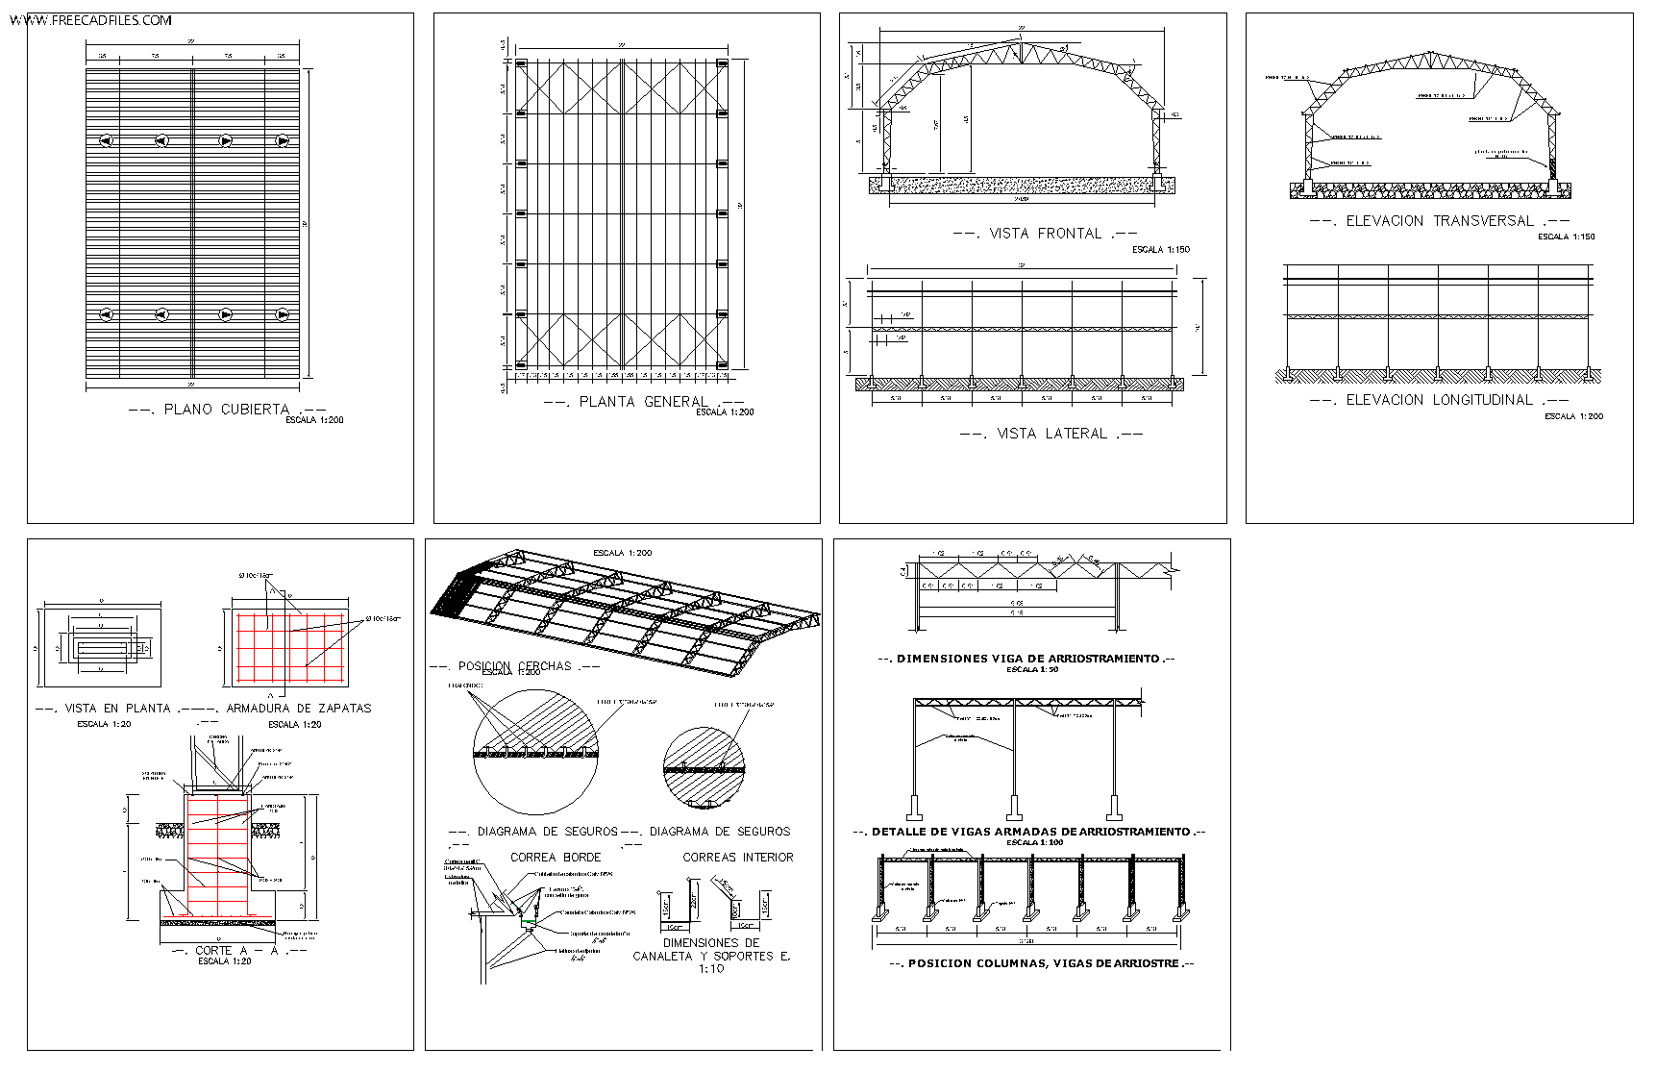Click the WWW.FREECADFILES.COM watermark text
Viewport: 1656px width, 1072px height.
click(91, 20)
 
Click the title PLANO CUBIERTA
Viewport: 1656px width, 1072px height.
click(226, 410)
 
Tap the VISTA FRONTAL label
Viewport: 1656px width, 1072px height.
click(1045, 234)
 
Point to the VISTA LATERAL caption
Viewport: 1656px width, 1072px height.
click(1051, 434)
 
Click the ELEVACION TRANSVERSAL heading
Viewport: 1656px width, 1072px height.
click(1439, 221)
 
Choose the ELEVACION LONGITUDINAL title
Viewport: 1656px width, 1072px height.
click(1439, 400)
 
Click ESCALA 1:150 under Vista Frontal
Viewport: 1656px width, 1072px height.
click(1160, 250)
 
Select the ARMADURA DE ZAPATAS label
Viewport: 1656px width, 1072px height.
click(298, 709)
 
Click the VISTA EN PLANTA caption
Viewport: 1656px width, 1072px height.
click(117, 709)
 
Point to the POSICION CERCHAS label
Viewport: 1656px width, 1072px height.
click(514, 665)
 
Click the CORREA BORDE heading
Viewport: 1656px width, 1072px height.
click(556, 857)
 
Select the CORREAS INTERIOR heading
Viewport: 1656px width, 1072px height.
click(738, 857)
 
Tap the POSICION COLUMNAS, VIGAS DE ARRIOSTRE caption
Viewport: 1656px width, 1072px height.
click(1042, 963)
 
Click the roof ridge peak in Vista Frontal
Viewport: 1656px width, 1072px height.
click(1021, 42)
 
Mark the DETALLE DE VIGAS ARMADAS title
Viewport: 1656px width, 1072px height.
click(1029, 832)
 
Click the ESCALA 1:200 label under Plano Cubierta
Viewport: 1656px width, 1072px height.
click(314, 420)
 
